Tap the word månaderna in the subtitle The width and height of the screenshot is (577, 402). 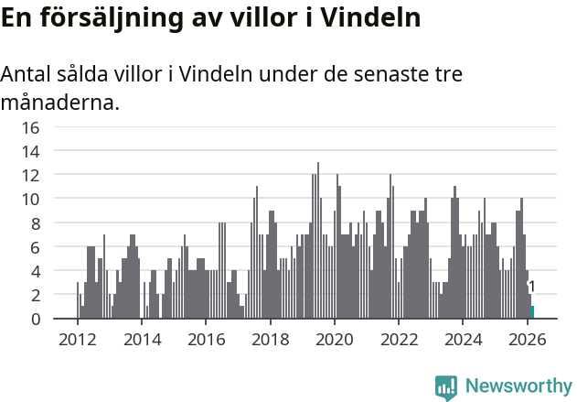59,103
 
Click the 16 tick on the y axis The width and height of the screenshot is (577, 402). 30,127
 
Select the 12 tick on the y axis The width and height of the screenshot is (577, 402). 30,175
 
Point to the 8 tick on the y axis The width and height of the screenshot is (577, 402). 35,223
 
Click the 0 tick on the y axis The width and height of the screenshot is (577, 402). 35,319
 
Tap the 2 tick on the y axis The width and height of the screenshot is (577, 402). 35,295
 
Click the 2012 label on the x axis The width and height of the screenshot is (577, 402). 77,338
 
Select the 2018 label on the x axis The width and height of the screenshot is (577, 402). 270,338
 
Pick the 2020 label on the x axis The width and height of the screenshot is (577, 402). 334,338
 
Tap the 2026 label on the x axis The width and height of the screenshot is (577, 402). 527,338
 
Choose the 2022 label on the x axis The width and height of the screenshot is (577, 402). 399,338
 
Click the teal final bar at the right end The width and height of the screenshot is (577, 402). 532,312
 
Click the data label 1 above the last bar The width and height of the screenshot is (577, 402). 531,288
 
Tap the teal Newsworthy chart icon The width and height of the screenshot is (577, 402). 446,386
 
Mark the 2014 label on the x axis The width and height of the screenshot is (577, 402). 141,338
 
